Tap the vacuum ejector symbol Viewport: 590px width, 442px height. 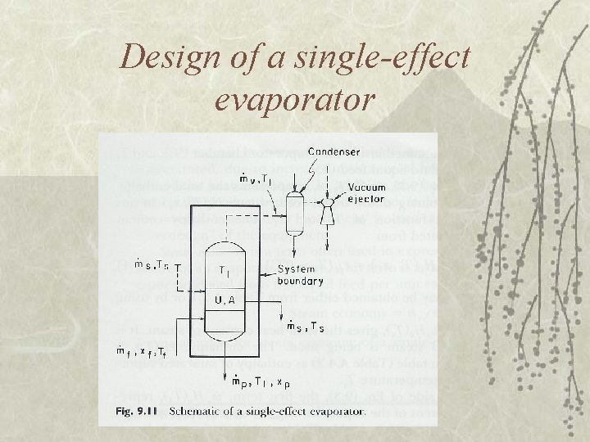click(x=330, y=203)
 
